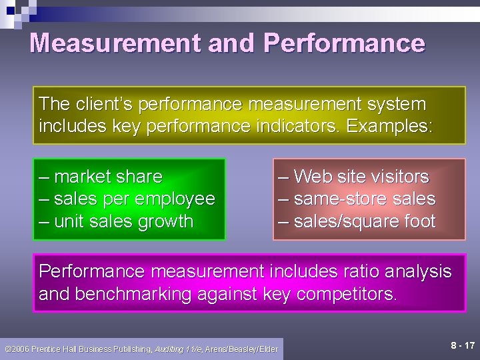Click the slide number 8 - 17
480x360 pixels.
[463, 345]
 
